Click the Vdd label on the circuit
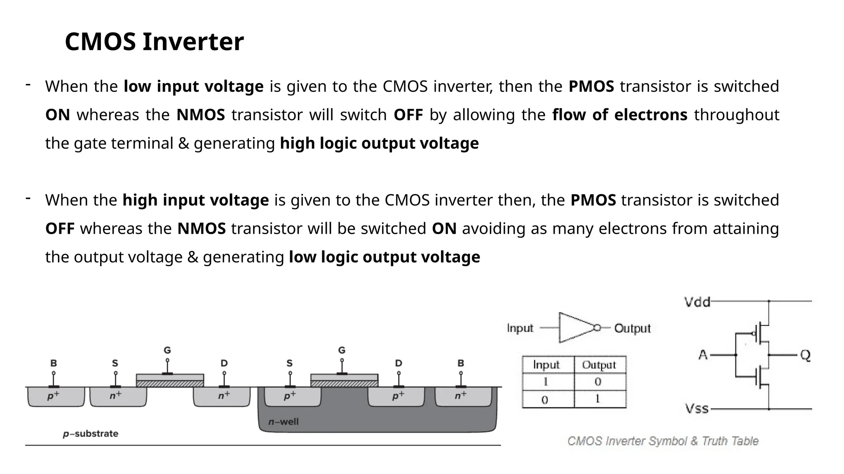tap(697, 302)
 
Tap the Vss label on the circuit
tap(696, 409)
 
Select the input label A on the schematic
tap(703, 355)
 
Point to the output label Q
tap(805, 355)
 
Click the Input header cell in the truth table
tap(546, 365)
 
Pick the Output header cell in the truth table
tap(599, 365)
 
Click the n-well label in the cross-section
tap(283, 422)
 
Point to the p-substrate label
tap(91, 434)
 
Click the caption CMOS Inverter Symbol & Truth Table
tap(663, 441)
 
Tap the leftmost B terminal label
tap(54, 363)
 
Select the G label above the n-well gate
tap(342, 350)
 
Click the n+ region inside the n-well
tap(461, 396)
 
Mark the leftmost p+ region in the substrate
tap(54, 396)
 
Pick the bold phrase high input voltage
tap(195, 200)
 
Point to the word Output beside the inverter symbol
tap(632, 328)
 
